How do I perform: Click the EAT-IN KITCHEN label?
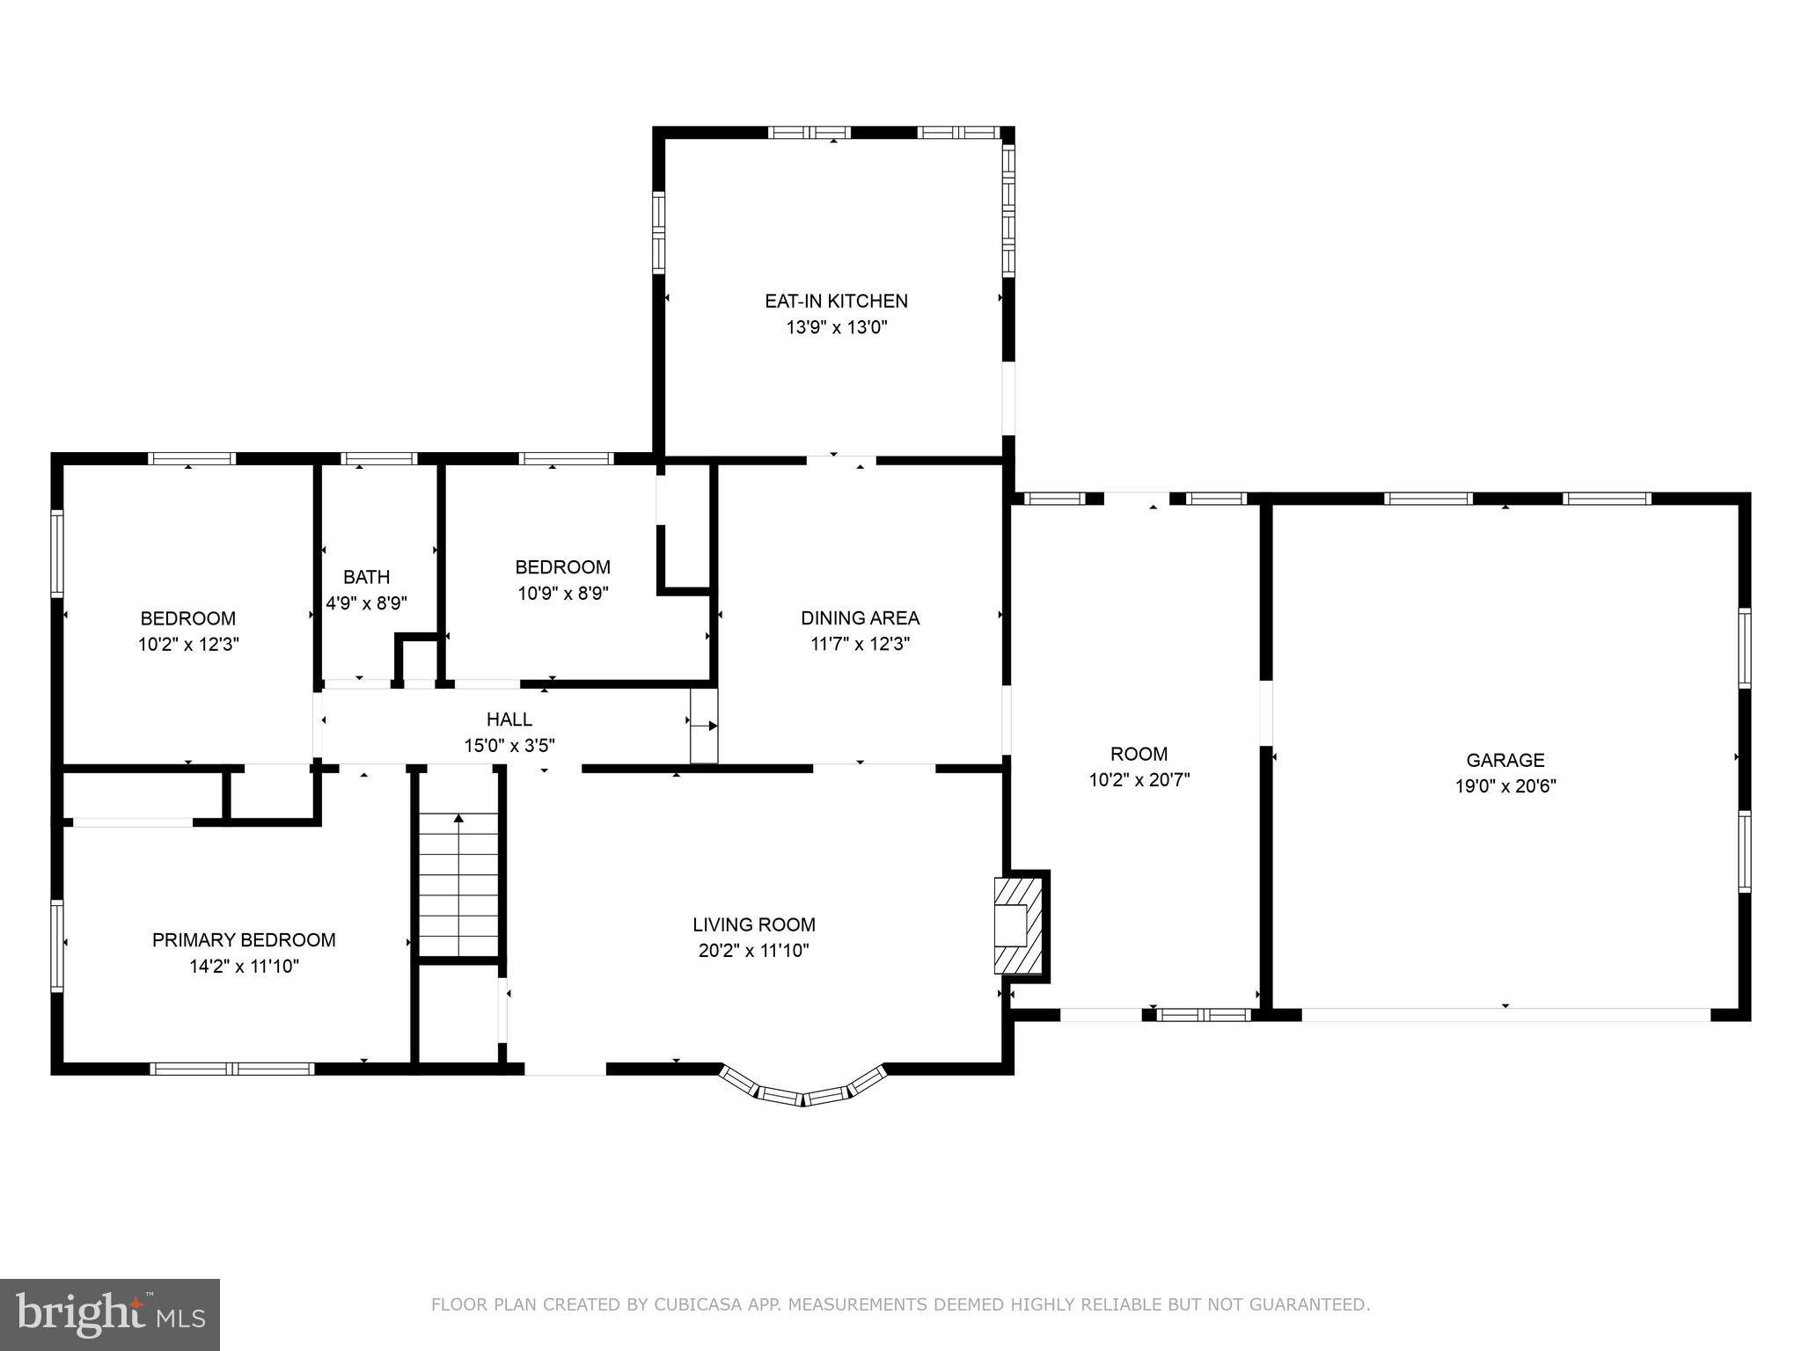click(836, 301)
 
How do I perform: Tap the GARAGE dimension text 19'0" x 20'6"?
click(1505, 786)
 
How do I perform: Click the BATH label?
click(366, 577)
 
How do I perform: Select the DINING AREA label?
click(860, 617)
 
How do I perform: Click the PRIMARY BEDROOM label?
click(244, 940)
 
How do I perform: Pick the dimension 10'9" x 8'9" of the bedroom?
click(563, 594)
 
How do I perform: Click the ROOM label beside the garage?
click(1139, 754)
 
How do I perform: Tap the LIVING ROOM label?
click(754, 924)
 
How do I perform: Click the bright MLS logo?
click(110, 1315)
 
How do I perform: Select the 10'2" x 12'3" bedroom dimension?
click(188, 645)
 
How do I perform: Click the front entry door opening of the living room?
click(565, 1069)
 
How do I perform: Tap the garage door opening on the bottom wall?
click(1505, 1014)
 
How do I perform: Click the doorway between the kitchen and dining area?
click(841, 460)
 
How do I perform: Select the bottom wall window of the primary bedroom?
click(231, 1069)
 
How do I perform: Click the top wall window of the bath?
click(378, 458)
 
